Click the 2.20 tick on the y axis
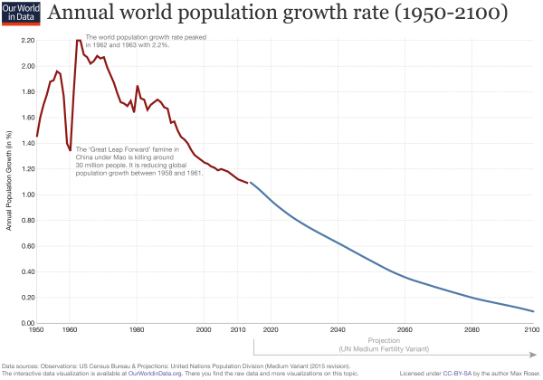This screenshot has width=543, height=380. [26, 42]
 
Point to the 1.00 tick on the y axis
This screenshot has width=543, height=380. [26, 195]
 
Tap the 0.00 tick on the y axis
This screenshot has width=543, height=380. [26, 322]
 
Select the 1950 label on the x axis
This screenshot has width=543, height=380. [36, 331]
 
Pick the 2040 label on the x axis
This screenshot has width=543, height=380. [336, 331]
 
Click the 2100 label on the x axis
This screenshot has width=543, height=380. [533, 331]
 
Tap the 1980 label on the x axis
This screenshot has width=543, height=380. [137, 331]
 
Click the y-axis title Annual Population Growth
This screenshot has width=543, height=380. [9, 181]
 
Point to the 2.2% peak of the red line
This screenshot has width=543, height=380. [79, 40]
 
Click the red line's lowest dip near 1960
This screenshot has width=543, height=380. [70, 151]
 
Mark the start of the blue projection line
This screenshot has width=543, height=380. [250, 183]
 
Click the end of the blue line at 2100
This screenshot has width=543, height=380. [533, 311]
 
